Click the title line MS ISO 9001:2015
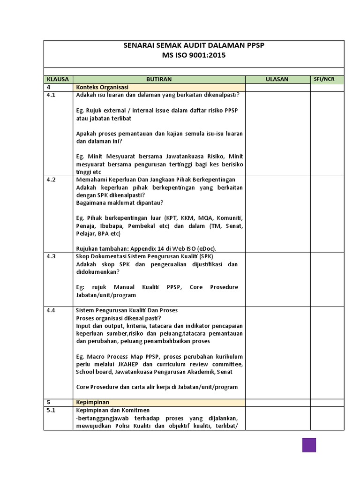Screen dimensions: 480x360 [194, 55]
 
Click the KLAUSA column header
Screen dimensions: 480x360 [58, 79]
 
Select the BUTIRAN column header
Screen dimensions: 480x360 [159, 79]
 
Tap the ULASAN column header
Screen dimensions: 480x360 [277, 79]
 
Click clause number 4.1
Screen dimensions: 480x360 [51, 95]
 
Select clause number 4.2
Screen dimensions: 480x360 [51, 180]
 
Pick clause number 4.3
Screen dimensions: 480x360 [51, 256]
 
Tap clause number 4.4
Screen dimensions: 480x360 [51, 310]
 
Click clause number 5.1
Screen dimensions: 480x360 [51, 410]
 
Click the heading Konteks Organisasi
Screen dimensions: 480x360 [102, 87]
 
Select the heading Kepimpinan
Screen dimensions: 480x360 [94, 402]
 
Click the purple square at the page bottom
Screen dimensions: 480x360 [309, 445]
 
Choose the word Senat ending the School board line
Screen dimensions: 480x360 [224, 372]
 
